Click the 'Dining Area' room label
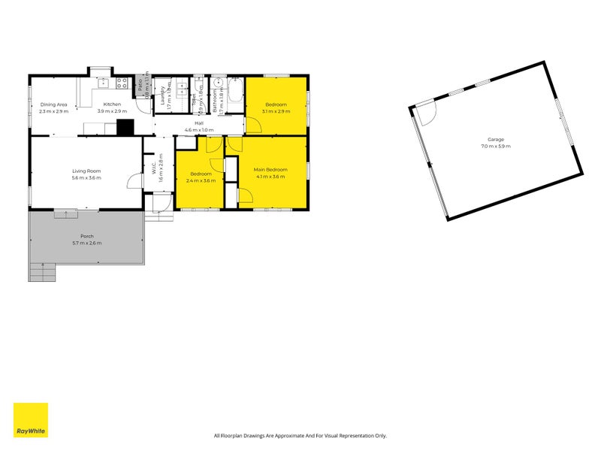click(54, 104)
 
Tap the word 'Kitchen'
click(112, 104)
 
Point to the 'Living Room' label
click(86, 171)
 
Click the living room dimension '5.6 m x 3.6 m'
click(86, 178)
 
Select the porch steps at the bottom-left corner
click(42, 274)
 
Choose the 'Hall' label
click(199, 123)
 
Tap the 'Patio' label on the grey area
click(140, 85)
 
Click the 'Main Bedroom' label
click(269, 171)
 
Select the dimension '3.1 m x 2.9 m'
click(276, 111)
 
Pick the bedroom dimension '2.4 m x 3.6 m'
click(201, 180)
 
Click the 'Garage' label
click(495, 139)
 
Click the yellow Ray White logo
click(30, 420)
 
